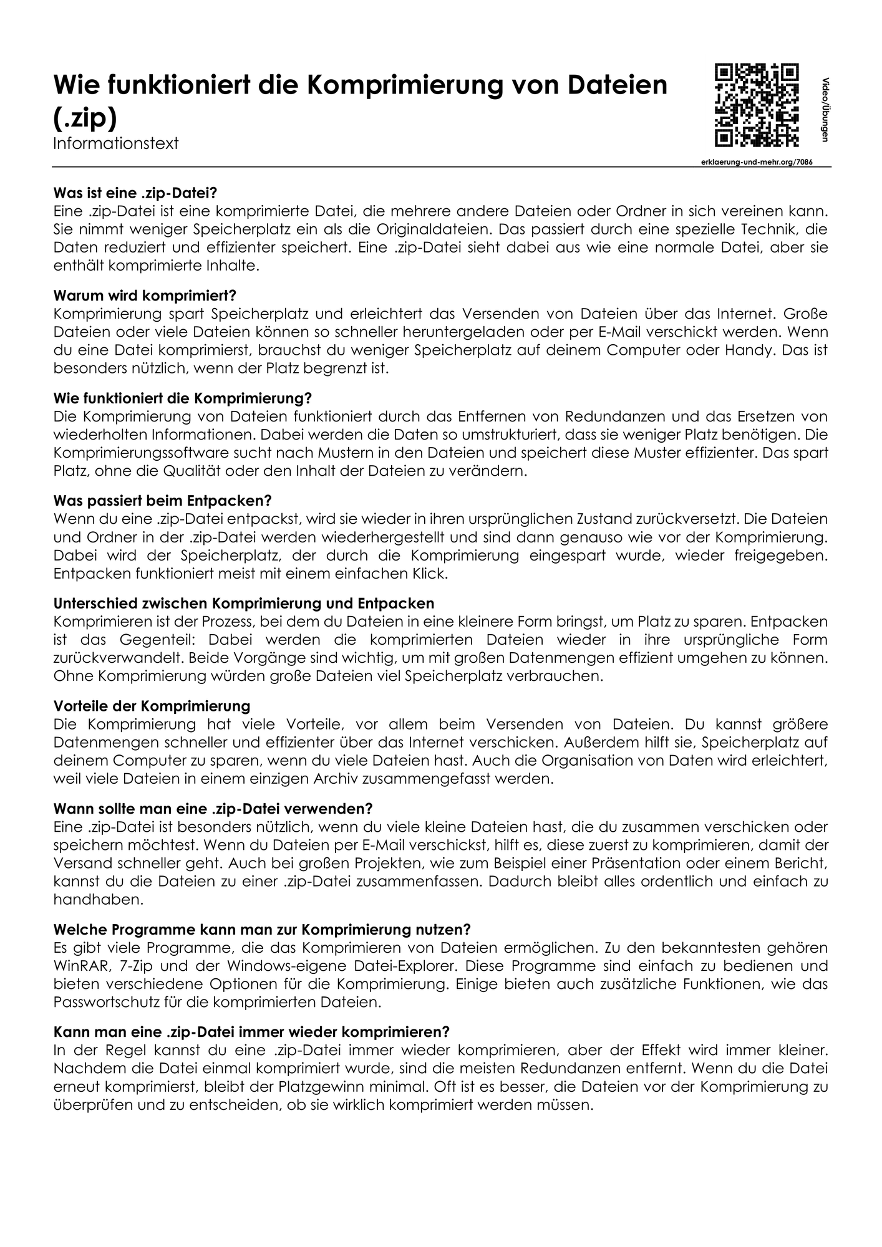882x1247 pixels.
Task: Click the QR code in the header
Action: pos(757,105)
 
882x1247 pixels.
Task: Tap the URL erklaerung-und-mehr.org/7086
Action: pos(757,161)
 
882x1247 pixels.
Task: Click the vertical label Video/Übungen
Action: pos(825,110)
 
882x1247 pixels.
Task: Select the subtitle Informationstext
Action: pos(115,143)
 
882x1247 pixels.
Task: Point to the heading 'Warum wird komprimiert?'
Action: pos(145,296)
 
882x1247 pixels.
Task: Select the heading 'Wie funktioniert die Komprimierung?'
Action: pos(182,398)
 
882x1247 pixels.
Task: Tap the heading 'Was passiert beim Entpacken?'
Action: pos(163,501)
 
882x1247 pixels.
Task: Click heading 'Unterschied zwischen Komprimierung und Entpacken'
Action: pos(244,604)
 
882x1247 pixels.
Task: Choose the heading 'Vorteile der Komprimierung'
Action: pos(152,706)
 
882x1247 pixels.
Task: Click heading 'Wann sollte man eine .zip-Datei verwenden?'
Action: pos(213,809)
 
